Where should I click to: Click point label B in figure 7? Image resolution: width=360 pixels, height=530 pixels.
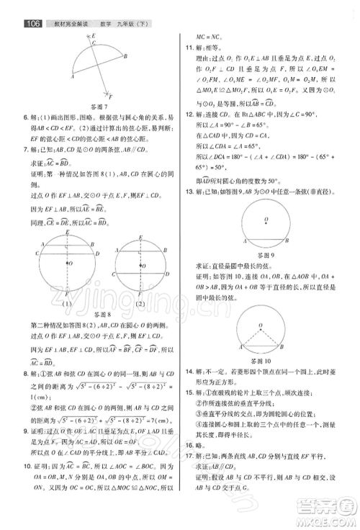[x=125, y=55]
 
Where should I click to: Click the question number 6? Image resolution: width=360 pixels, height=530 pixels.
[x=25, y=117]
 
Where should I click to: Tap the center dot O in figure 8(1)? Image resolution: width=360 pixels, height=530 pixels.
[x=67, y=264]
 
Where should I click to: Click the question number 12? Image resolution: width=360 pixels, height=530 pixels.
[x=189, y=114]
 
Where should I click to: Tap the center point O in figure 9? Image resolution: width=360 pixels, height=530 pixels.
[x=265, y=219]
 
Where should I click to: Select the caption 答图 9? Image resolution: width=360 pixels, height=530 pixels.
[x=266, y=255]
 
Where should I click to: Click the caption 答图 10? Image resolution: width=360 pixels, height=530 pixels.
[x=266, y=359]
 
